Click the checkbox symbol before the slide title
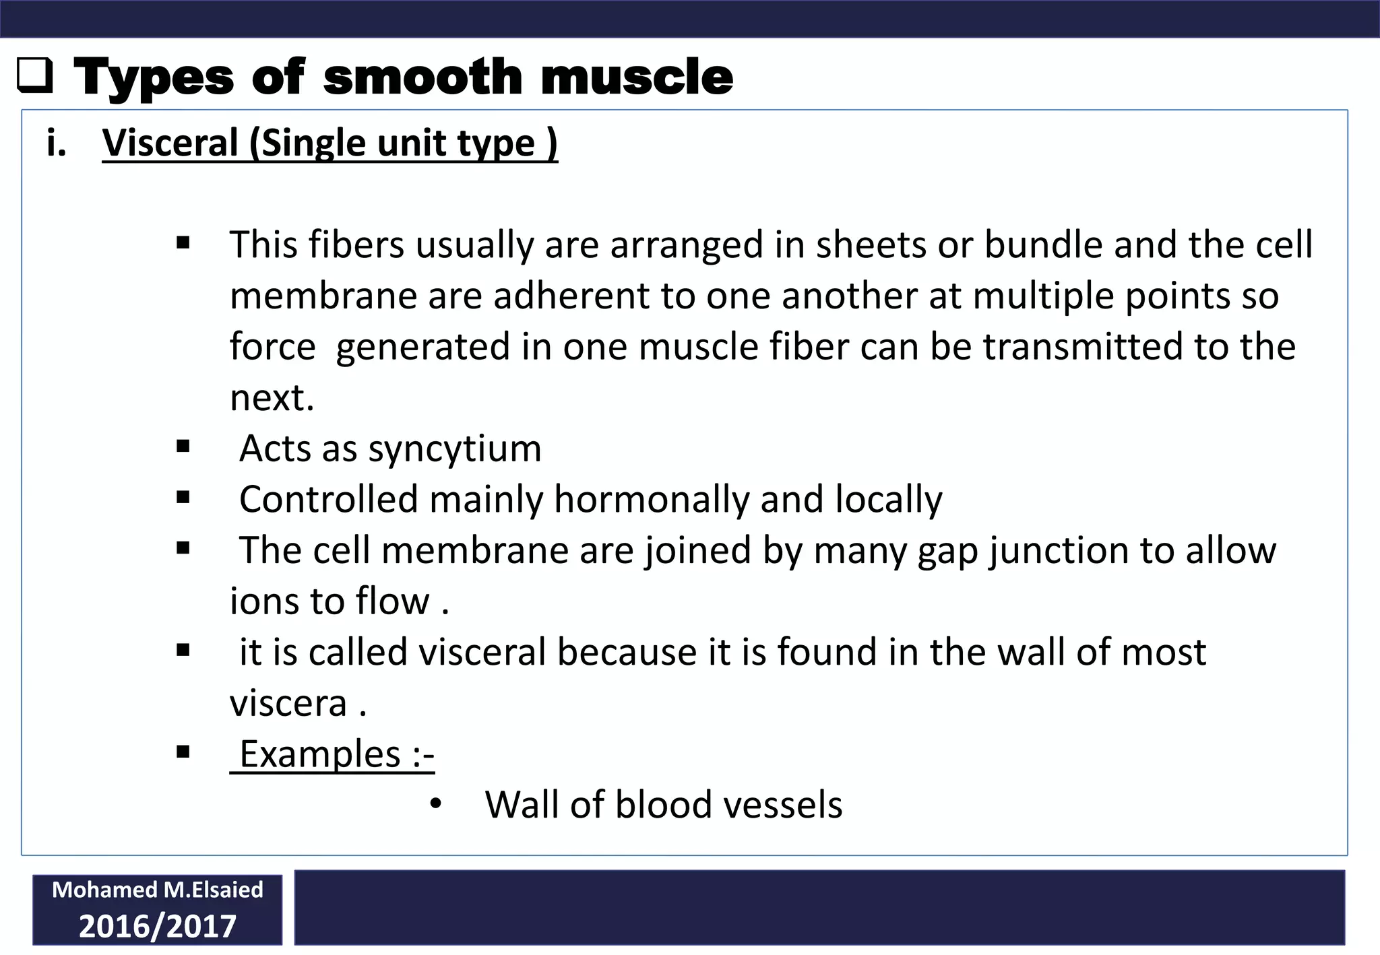click(x=34, y=77)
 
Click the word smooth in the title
click(x=422, y=77)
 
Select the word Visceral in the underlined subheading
click(x=170, y=143)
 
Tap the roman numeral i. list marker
click(x=57, y=143)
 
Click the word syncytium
click(x=455, y=449)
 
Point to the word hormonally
click(x=652, y=500)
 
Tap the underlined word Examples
click(x=321, y=754)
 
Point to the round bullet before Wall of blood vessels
click(x=435, y=804)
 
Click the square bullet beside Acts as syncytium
click(x=183, y=447)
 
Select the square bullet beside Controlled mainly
click(x=183, y=498)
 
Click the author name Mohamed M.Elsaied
click(x=158, y=890)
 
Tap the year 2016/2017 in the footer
click(x=158, y=927)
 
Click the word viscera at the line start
click(x=288, y=704)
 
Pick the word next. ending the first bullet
click(x=272, y=398)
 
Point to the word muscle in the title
click(x=636, y=77)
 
